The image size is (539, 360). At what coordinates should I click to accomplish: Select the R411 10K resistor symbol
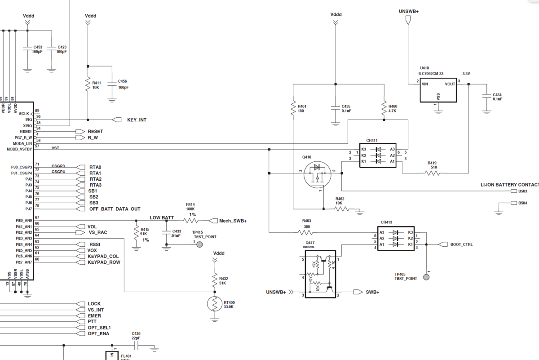pos(88,85)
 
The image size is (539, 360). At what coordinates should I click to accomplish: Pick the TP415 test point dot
pos(200,244)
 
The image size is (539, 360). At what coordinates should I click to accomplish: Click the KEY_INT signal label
pos(137,120)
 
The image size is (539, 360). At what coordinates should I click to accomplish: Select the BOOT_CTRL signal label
pos(461,244)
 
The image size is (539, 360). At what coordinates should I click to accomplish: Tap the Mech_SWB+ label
pos(233,221)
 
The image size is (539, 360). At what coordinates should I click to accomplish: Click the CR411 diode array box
pos(378,156)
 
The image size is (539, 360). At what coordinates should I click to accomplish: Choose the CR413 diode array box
pos(396,239)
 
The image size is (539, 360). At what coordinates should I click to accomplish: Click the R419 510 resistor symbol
pos(432,173)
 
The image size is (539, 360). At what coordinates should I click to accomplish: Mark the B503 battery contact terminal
pos(514,191)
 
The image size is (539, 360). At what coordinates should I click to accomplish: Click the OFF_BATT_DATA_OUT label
pos(115,209)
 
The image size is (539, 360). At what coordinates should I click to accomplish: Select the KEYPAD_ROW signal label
pos(104,262)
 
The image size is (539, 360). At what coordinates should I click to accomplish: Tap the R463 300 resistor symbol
pos(306,232)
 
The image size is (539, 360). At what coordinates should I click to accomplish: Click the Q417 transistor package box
pos(320,274)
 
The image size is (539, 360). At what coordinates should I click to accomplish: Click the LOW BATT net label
pos(162,218)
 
